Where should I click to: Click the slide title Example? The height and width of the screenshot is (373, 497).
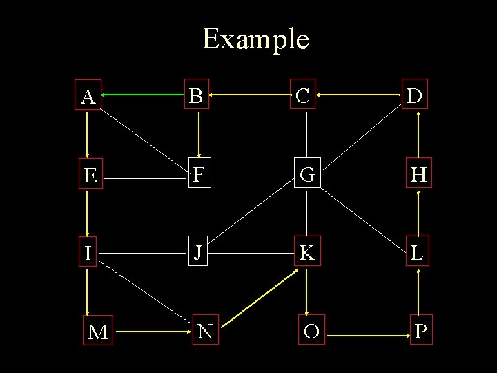[255, 39]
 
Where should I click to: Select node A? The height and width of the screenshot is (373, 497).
[88, 97]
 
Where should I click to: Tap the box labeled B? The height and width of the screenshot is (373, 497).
[197, 96]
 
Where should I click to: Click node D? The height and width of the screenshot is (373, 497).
[415, 96]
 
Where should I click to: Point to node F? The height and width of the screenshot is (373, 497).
[198, 175]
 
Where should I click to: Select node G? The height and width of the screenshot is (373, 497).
[307, 175]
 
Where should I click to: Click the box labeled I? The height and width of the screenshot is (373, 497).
[88, 254]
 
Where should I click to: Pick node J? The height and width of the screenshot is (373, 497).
[198, 253]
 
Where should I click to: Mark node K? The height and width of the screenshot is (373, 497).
[307, 254]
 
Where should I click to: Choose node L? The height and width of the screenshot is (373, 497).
[416, 254]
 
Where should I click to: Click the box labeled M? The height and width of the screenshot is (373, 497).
[98, 332]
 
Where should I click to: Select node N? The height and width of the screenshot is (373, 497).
[205, 332]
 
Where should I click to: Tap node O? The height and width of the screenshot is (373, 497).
[311, 332]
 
